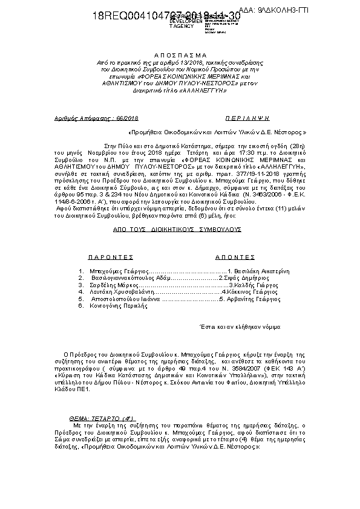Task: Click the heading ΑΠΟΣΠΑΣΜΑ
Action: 180,54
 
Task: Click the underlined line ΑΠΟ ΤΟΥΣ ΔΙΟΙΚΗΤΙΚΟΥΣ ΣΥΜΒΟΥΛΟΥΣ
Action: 177,230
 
